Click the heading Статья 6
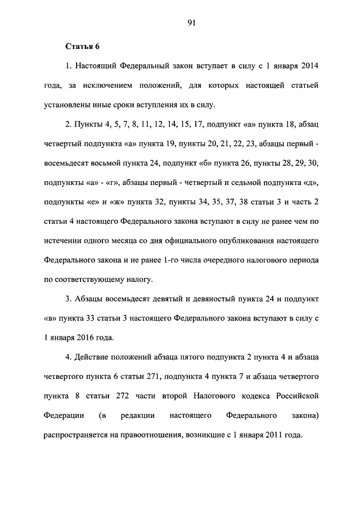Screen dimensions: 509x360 click(83, 46)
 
